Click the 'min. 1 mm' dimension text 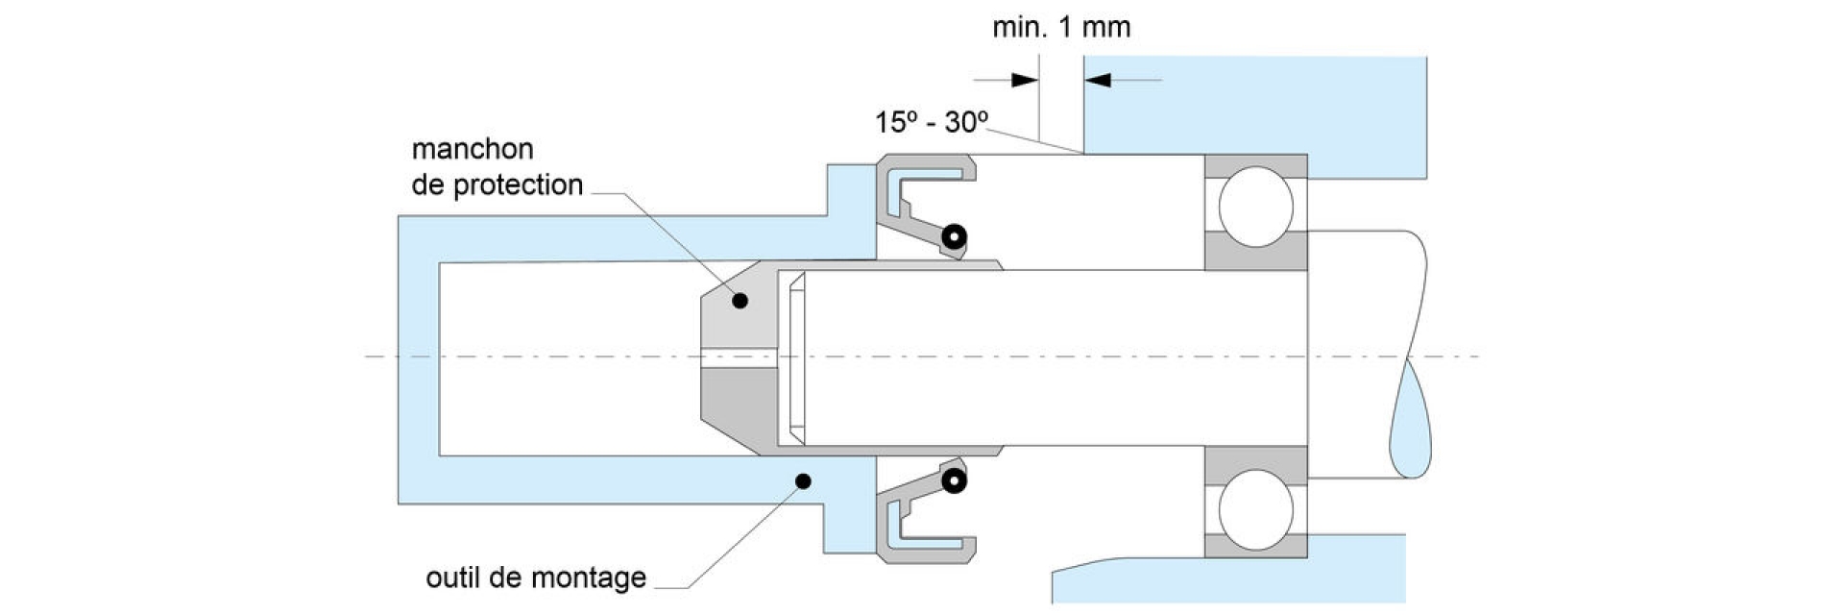click(x=1060, y=27)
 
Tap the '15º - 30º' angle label click(x=931, y=122)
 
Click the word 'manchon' click(x=472, y=149)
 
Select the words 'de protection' click(x=497, y=184)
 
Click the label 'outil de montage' click(x=535, y=578)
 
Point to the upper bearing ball click(x=1255, y=206)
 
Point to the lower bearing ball click(x=1255, y=509)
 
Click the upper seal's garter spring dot click(x=953, y=235)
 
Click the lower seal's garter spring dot click(x=953, y=481)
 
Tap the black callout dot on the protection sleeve click(x=740, y=301)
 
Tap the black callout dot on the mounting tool click(x=804, y=480)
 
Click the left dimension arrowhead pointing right click(x=1025, y=80)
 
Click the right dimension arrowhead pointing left click(x=1098, y=80)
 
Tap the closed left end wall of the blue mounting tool click(x=419, y=359)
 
